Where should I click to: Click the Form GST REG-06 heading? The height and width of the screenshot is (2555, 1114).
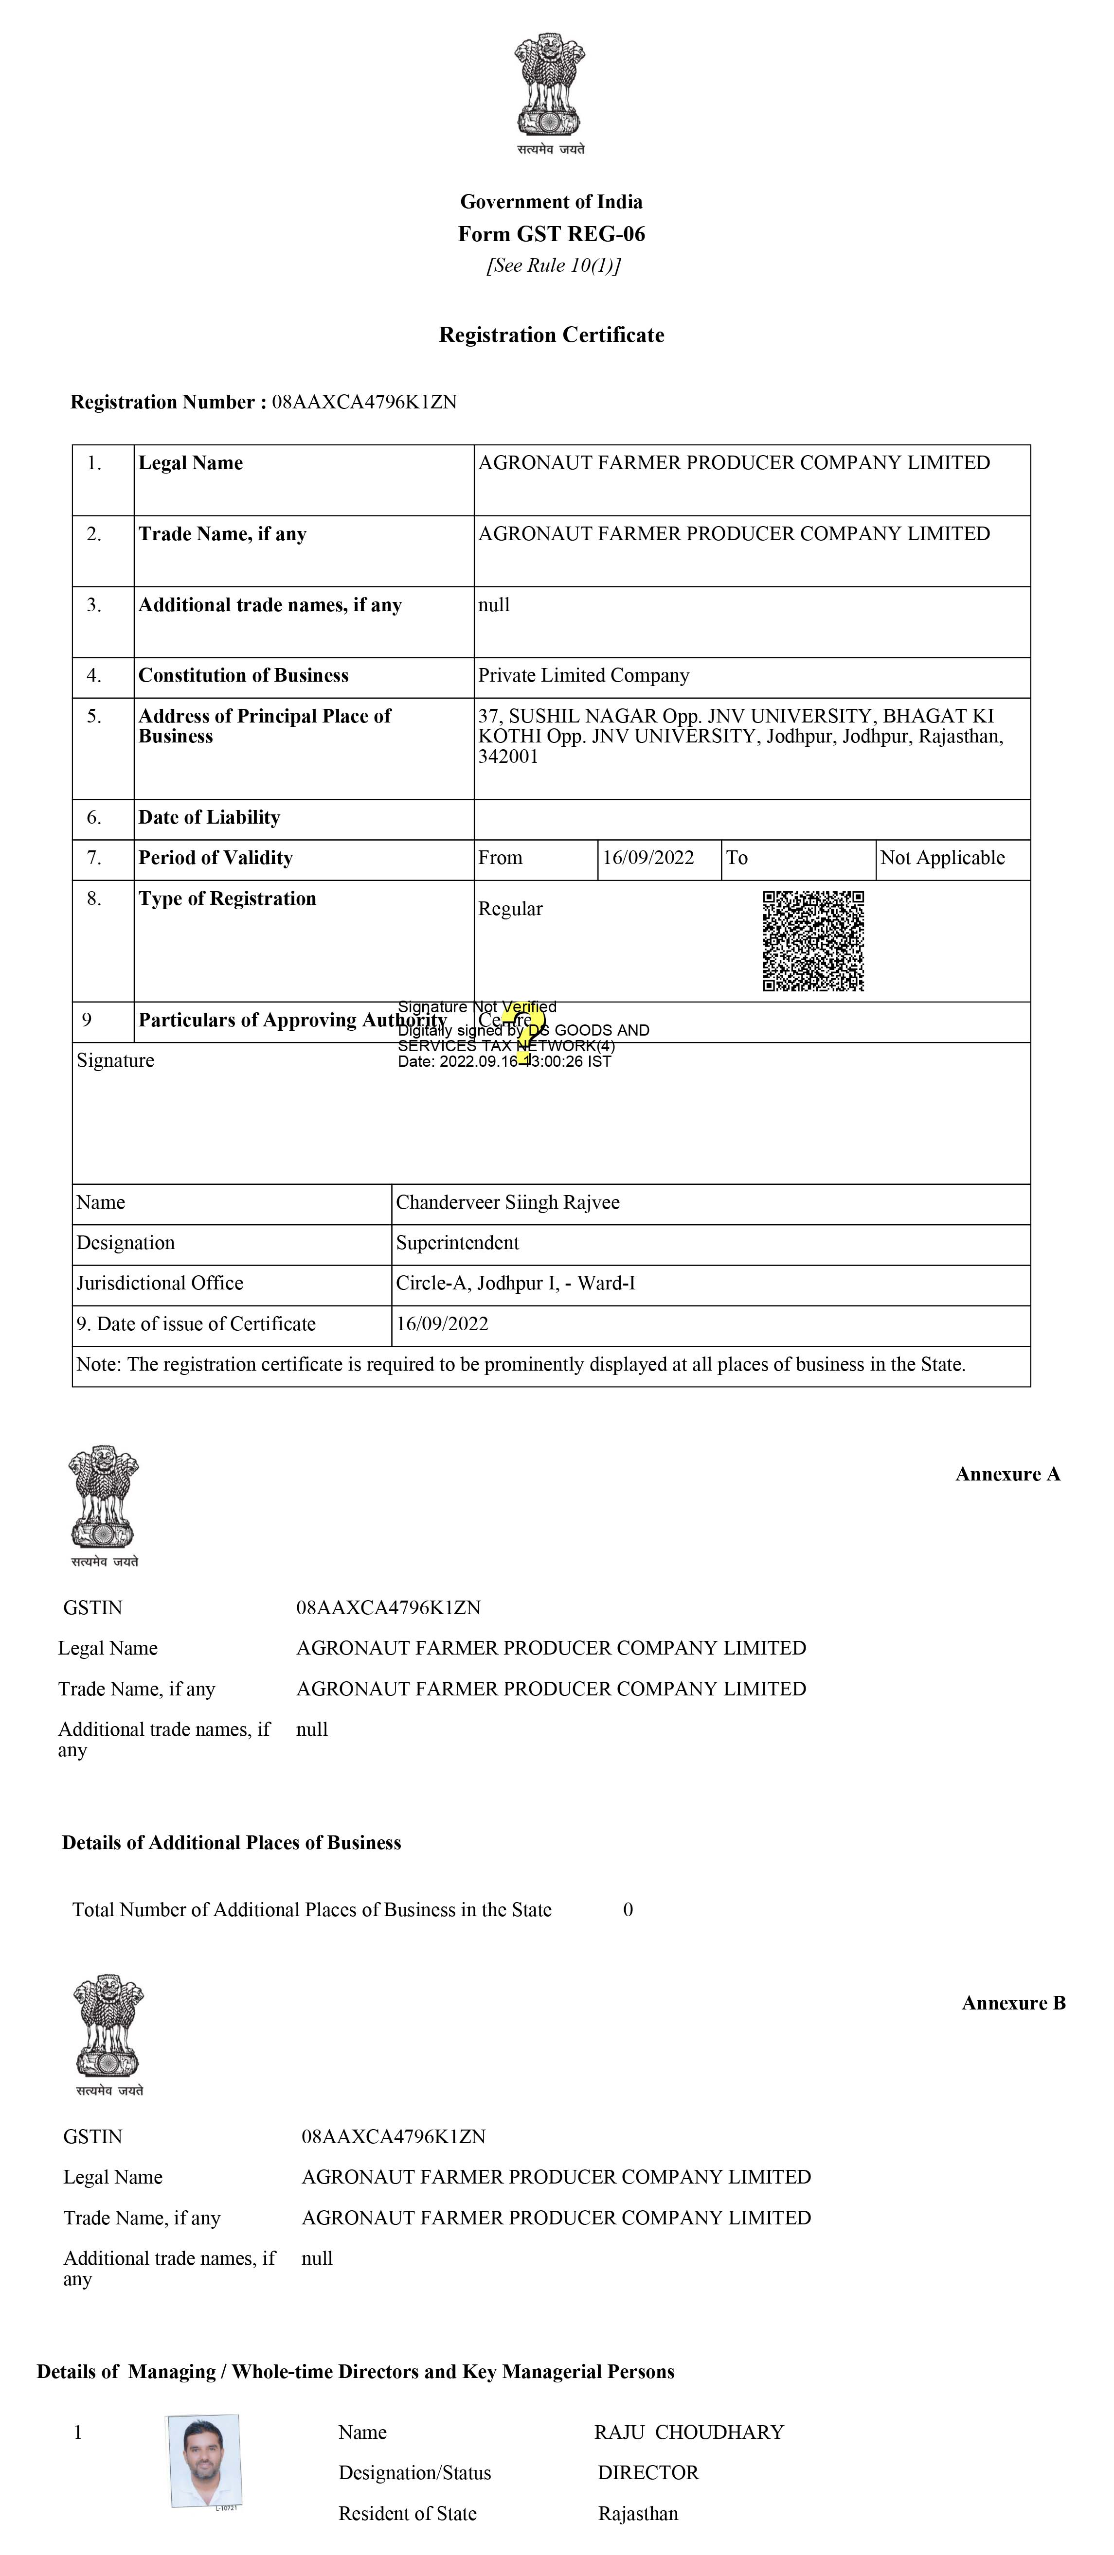click(552, 234)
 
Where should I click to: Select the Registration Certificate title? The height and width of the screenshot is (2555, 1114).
click(552, 335)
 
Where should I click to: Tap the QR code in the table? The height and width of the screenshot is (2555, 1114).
click(813, 940)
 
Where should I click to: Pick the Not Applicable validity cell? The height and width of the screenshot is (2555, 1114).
click(942, 858)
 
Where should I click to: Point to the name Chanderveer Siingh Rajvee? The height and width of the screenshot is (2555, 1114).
click(508, 1202)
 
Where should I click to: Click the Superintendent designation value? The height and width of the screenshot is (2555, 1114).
click(457, 1243)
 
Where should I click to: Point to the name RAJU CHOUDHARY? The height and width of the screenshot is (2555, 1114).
click(689, 2432)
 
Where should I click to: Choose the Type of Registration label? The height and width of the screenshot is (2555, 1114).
click(227, 899)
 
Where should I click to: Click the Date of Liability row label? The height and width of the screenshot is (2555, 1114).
click(209, 817)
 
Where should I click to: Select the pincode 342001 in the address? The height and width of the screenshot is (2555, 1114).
click(508, 757)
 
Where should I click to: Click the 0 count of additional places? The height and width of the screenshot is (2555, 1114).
click(628, 1909)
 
